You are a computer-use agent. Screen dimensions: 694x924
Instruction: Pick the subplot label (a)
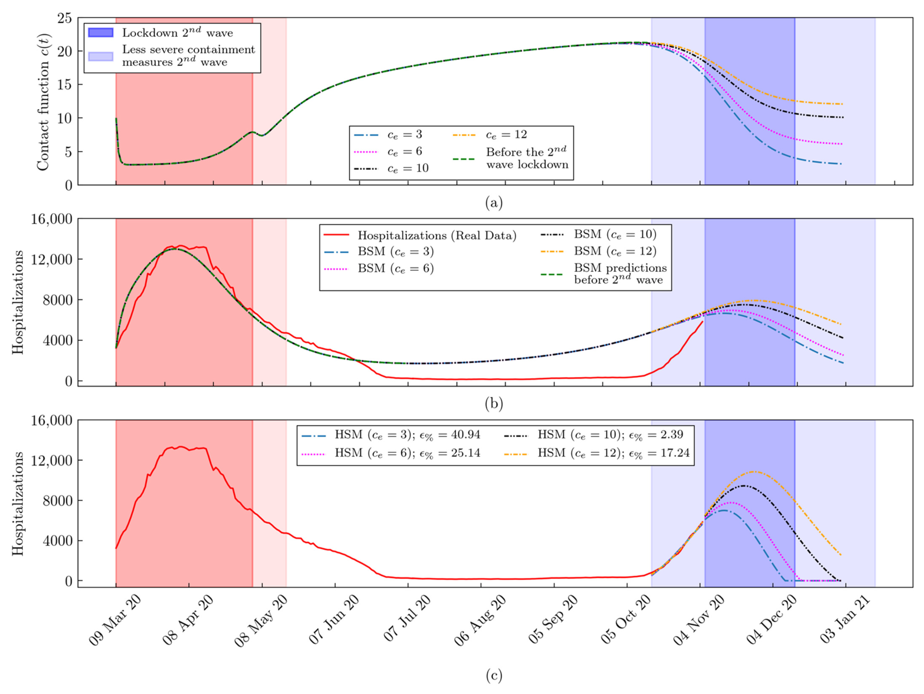tap(494, 203)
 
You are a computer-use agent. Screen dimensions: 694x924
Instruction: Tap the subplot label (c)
tap(494, 676)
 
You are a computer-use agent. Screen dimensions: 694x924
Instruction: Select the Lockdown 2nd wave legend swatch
tap(101, 33)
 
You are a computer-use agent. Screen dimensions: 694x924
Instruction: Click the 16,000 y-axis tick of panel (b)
tap(51, 219)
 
